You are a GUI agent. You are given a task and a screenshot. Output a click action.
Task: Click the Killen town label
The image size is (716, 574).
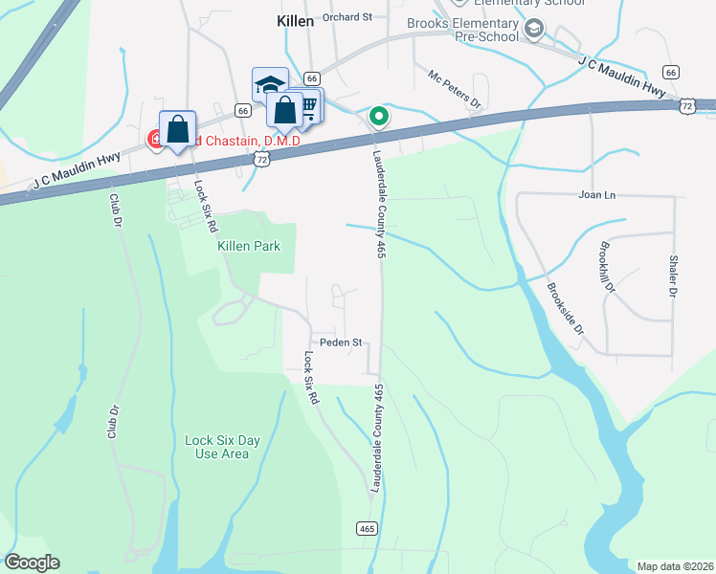coord(295,20)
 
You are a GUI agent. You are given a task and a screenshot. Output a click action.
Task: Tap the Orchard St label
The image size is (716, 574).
coord(347,17)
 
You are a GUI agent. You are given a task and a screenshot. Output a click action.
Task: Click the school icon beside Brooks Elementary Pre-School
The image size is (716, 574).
coord(534,32)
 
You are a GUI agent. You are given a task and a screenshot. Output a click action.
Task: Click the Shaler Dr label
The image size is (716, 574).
coord(673,276)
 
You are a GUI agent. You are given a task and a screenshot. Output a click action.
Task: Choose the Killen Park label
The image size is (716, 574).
coord(249,247)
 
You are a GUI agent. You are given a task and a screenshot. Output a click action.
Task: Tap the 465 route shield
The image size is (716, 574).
coord(368,528)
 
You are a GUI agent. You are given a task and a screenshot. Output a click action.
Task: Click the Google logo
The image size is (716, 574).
coord(32,563)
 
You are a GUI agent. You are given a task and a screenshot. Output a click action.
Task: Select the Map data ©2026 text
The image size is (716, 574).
coord(675,565)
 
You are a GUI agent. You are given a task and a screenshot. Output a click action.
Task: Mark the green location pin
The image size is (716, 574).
coord(379,117)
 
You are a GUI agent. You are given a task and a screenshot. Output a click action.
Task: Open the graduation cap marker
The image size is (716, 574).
coord(270,84)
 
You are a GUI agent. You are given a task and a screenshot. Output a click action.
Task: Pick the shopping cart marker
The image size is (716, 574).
coord(309,103)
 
